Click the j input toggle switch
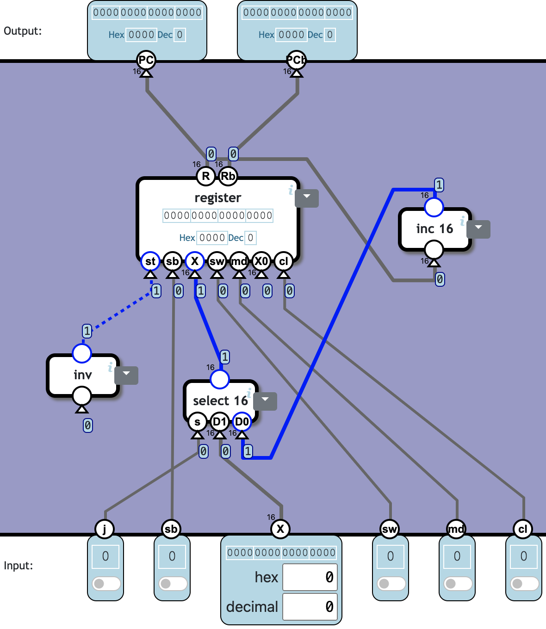[106, 583]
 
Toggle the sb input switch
[173, 583]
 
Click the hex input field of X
[310, 577]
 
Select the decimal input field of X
[310, 607]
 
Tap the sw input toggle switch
[391, 583]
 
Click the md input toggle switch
[458, 583]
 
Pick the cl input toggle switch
[524, 583]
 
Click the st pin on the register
[150, 261]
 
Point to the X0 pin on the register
[261, 261]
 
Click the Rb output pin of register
[228, 176]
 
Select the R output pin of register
[206, 176]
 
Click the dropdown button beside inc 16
[478, 229]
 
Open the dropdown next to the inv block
[126, 375]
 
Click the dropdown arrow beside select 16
[265, 401]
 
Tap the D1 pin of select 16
[220, 422]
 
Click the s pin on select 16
[198, 422]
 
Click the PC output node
[146, 60]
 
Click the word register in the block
[218, 198]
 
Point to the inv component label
[83, 375]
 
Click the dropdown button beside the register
[307, 198]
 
